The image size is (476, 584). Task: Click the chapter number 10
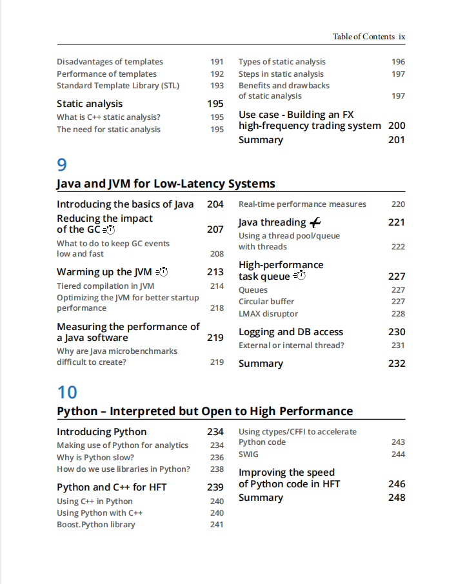pos(67,392)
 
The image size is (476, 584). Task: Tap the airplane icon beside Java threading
pos(315,222)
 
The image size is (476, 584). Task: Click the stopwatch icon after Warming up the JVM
pos(161,272)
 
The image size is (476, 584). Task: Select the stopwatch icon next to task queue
pos(299,277)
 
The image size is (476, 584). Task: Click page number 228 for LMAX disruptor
pos(398,314)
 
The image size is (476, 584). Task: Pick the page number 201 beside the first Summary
pos(397,140)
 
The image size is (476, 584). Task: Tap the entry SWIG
pos(248,454)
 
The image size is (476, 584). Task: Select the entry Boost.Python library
pos(96,525)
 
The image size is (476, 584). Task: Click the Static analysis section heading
pos(90,104)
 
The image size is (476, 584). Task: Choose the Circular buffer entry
pos(266,302)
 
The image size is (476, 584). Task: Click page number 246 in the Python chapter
pos(397,484)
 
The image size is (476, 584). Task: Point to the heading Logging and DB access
pos(291,332)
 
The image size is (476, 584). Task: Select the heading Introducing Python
pos(102,432)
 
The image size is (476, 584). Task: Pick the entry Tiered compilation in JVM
pos(105,286)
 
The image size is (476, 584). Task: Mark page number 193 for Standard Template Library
pos(217,86)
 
